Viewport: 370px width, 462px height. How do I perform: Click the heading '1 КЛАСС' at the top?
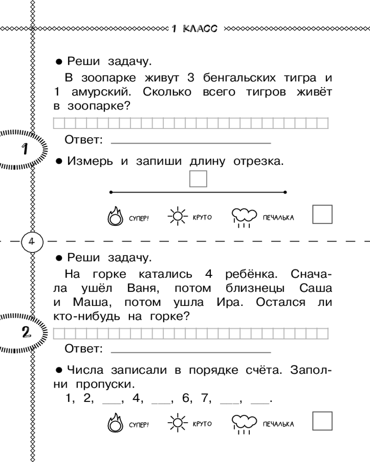(194, 29)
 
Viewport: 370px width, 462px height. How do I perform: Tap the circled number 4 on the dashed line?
(32, 242)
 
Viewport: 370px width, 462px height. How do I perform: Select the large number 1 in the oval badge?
(25, 149)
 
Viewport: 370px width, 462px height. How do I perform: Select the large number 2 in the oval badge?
(26, 332)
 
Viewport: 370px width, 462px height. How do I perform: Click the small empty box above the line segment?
(198, 179)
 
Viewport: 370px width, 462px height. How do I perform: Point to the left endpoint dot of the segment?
(111, 192)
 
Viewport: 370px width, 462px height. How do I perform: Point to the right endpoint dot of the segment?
(285, 192)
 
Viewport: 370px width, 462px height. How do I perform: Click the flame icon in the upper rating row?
(115, 217)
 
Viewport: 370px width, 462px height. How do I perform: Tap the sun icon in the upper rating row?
(178, 216)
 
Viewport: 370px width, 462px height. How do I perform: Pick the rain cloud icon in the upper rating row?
(244, 218)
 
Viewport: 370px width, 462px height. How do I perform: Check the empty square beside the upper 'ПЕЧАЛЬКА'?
(322, 214)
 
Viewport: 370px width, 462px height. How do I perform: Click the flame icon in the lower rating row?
(115, 423)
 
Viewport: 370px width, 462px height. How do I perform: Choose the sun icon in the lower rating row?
(178, 423)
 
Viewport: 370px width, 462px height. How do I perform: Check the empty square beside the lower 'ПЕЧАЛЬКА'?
(322, 421)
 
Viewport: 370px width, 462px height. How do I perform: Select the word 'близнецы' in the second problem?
(255, 288)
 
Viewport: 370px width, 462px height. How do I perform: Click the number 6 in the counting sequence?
(185, 398)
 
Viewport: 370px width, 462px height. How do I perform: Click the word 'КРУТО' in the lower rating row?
(202, 424)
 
